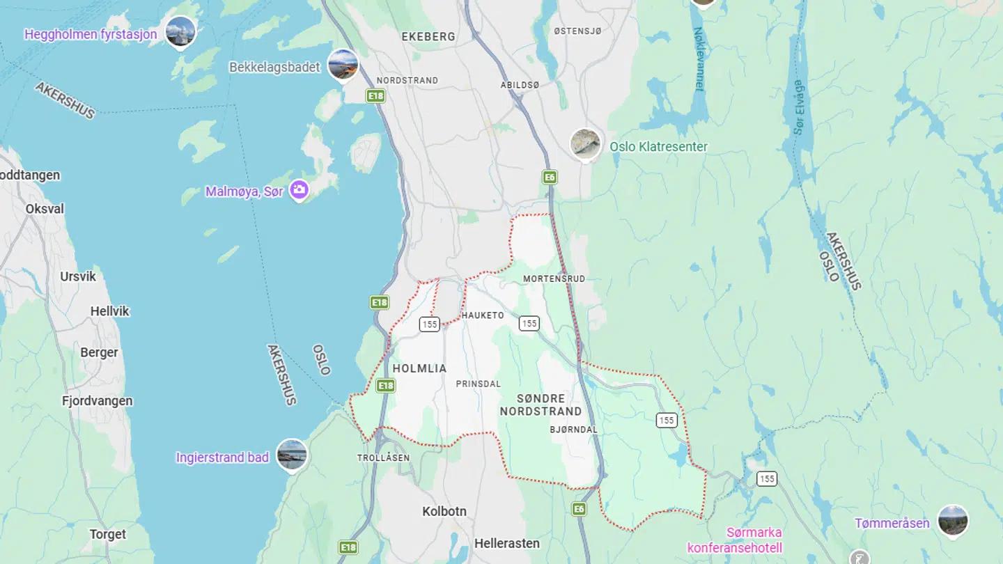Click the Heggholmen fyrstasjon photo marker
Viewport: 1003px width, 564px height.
(x=180, y=32)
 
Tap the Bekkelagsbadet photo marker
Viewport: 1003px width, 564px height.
(x=343, y=65)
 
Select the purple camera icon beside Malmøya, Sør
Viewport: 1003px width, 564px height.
(x=299, y=190)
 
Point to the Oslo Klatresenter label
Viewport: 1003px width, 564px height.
(x=658, y=147)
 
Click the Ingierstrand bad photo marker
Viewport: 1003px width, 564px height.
(x=291, y=455)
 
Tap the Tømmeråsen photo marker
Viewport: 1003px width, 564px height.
(x=952, y=522)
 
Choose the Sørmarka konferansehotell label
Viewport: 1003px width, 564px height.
(x=735, y=540)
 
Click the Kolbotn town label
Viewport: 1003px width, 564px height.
(x=444, y=511)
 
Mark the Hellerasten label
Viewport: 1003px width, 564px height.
(x=507, y=543)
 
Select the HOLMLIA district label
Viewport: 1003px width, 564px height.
(x=419, y=368)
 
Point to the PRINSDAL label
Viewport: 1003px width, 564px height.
(x=479, y=384)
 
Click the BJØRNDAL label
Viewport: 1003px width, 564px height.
(x=573, y=430)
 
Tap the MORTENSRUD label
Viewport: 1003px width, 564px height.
(x=554, y=279)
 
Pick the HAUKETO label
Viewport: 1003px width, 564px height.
(x=483, y=315)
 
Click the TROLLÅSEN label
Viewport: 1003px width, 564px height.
(x=383, y=457)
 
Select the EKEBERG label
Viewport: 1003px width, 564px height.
(x=428, y=36)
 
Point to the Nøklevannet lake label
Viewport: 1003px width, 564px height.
(x=699, y=59)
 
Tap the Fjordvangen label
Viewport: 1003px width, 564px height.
(x=97, y=401)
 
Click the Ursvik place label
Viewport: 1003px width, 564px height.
(x=78, y=276)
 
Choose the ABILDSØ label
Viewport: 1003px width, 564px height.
(x=520, y=85)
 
